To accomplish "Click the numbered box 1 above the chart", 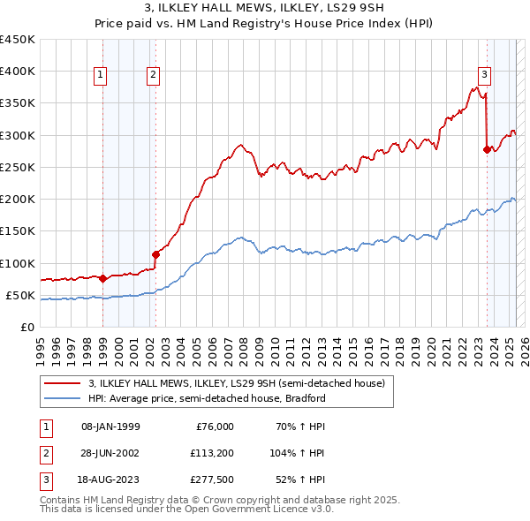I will [x=102, y=75].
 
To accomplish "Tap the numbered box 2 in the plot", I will [x=154, y=75].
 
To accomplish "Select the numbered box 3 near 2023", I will [x=485, y=75].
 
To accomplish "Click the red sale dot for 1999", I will [x=102, y=278].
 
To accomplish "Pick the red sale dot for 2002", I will [x=155, y=254].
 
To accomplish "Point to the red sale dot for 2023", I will [x=487, y=149].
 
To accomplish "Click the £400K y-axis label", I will [x=18, y=72].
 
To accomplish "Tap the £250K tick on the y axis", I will [x=18, y=167].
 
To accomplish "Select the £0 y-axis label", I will [x=26, y=327].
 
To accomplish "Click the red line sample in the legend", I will [x=64, y=384].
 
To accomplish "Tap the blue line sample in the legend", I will [x=64, y=398].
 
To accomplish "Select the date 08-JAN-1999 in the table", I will [x=110, y=427].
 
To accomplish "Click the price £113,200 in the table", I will [x=211, y=454].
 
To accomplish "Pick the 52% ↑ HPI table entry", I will [x=300, y=481].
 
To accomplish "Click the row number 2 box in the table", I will [x=43, y=454].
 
